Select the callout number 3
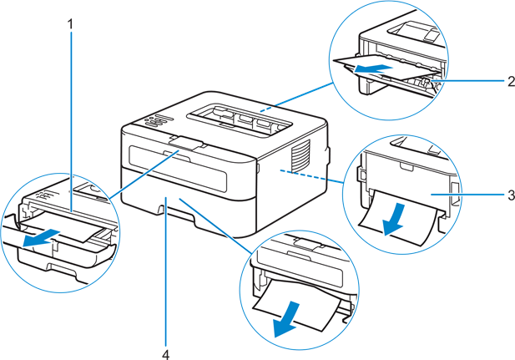tap(508, 195)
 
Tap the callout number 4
tap(166, 353)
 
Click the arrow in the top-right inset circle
tap(371, 68)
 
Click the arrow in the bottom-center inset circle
tap(291, 322)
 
